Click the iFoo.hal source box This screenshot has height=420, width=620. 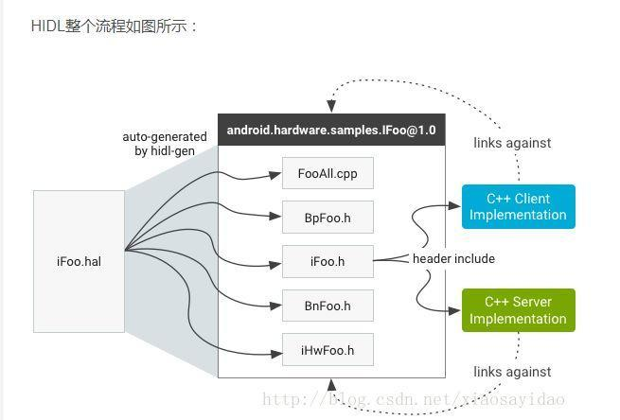tap(79, 261)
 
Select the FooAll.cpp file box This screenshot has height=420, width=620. tap(327, 174)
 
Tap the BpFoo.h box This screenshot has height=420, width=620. tap(327, 218)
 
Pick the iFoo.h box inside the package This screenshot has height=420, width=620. tap(327, 261)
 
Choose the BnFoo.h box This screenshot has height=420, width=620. tap(327, 306)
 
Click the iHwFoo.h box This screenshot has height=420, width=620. tap(327, 350)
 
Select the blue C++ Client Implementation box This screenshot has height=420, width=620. tap(518, 207)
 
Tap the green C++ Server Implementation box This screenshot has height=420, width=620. tap(518, 310)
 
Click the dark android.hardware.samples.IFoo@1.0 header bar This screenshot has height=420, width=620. tap(331, 130)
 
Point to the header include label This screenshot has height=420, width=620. tap(453, 258)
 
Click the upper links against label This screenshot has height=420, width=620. tap(512, 143)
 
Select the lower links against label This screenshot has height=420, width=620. tap(512, 372)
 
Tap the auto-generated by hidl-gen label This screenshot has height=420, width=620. tap(165, 144)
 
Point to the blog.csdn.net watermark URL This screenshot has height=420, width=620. tap(413, 400)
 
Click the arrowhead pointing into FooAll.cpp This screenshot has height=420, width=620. tap(276, 174)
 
